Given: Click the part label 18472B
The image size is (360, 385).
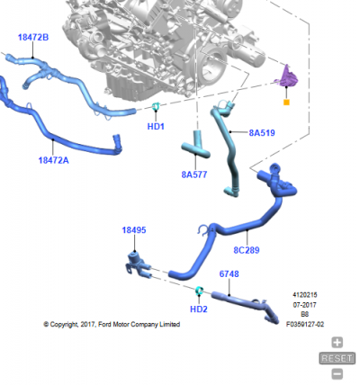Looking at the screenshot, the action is point(33,38).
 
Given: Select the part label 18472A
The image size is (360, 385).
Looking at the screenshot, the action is point(53,160).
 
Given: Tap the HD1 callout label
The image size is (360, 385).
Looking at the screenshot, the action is point(156,127).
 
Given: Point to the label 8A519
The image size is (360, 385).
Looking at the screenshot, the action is point(262,133).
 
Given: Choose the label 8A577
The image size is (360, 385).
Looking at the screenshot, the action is point(194,175).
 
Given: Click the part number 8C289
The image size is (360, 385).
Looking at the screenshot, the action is point(247,250).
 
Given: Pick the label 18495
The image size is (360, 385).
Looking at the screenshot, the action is point(134,230).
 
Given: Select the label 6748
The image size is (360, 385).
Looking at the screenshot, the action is point(229,273).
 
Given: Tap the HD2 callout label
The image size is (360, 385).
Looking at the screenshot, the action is point(199,309).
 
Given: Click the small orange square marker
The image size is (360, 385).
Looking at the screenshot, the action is point(286,103).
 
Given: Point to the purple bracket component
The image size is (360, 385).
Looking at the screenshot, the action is point(287,76).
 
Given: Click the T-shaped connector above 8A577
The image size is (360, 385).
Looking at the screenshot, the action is point(196,146).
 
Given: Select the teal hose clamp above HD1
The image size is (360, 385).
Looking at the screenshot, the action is point(156,106).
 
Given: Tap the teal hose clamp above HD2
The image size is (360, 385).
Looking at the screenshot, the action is point(199,291).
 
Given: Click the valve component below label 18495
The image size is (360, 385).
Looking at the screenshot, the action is point(137,264).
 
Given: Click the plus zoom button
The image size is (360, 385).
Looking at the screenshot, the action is point(337,342).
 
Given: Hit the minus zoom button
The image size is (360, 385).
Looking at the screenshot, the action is point(337,374).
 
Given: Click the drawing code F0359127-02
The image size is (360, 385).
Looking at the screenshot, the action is point(305,324).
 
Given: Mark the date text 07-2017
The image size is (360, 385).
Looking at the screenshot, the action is point(305,305).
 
